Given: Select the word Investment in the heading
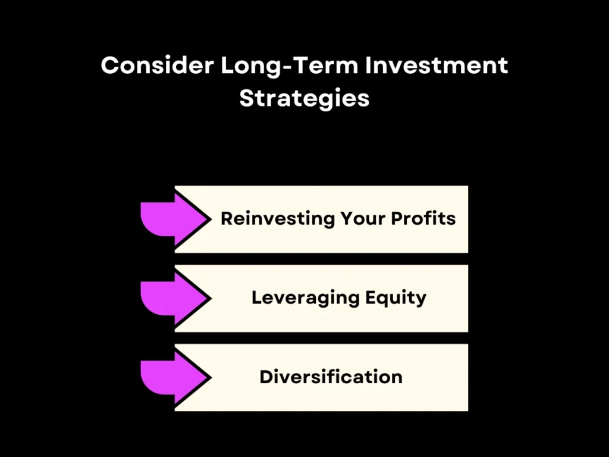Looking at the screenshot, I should [x=437, y=65].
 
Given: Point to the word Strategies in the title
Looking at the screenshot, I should [x=304, y=98].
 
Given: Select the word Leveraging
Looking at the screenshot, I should [x=302, y=298].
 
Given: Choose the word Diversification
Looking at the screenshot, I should [x=331, y=377].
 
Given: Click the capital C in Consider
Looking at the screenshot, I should [x=109, y=65].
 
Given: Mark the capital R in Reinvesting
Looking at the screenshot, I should [x=227, y=218].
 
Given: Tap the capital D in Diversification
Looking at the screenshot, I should [x=266, y=377].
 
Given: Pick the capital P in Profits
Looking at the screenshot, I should [x=397, y=218].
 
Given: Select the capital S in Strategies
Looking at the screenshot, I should [x=246, y=98].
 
